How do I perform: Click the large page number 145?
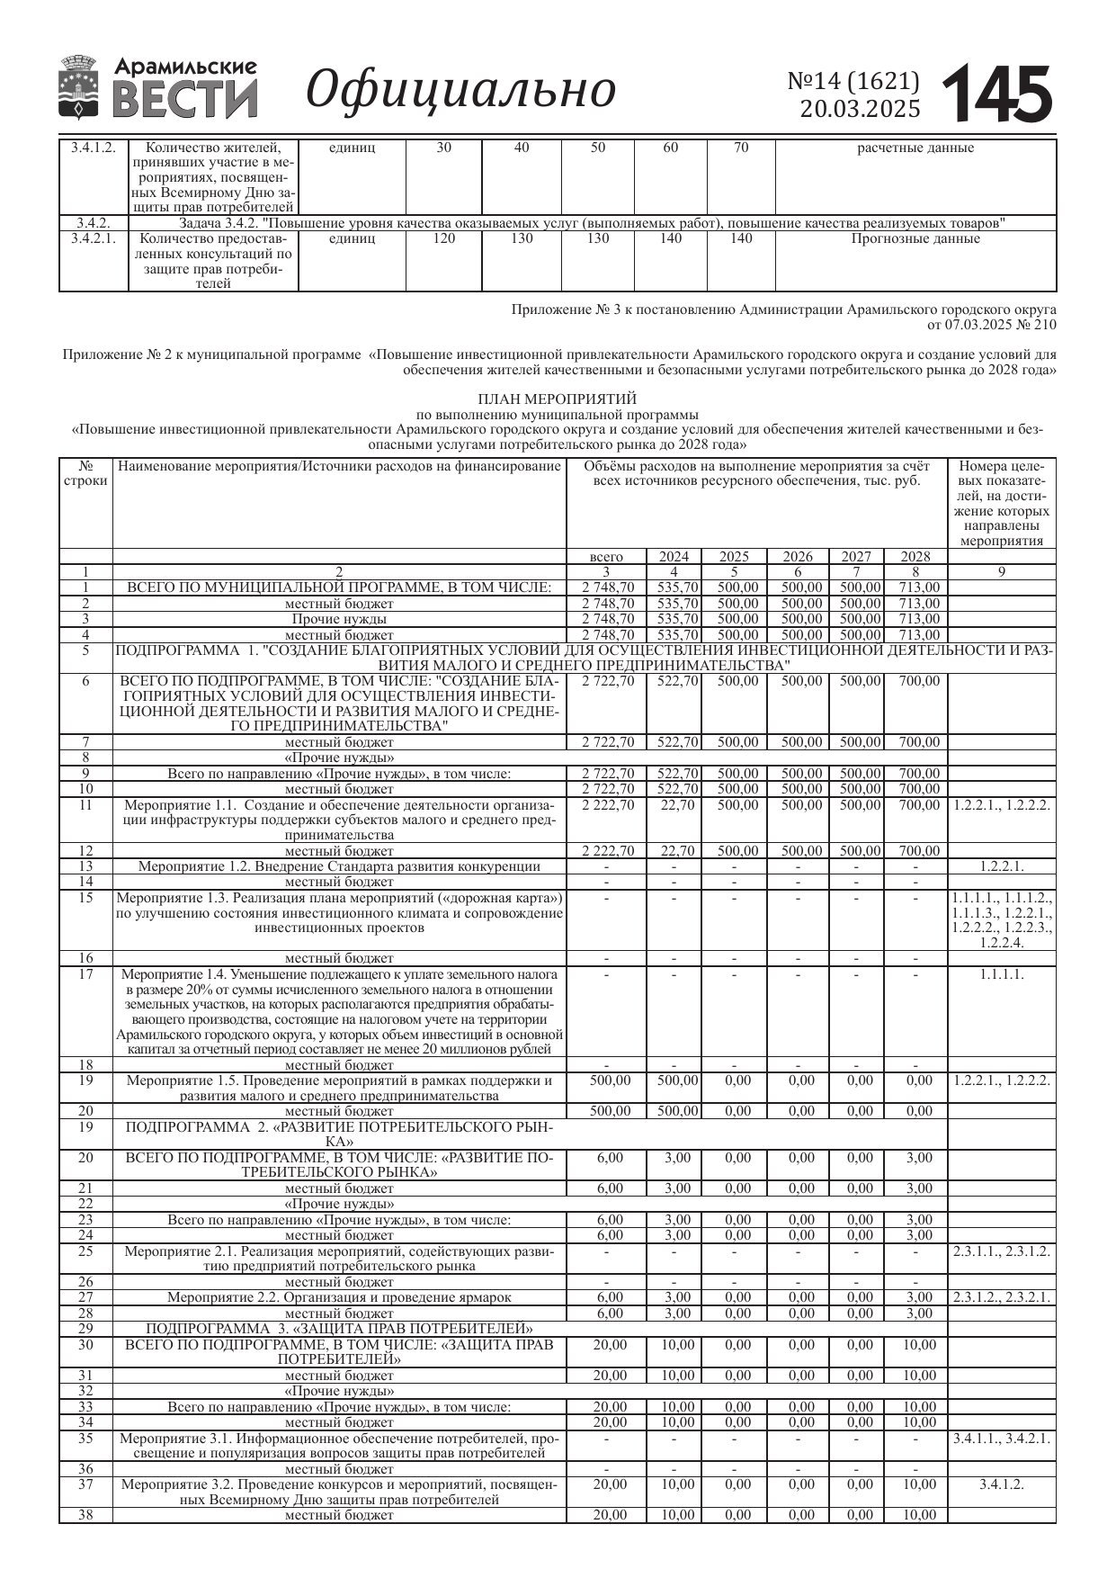coord(998,94)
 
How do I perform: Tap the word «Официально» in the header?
coord(461,90)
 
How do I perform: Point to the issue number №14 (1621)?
coord(853,81)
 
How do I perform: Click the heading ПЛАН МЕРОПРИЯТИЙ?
coord(557,399)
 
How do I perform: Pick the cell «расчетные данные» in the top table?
coord(915,148)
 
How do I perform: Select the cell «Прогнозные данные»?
coord(915,239)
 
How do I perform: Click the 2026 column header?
coord(798,557)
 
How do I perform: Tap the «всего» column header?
coord(606,557)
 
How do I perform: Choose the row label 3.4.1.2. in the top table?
coord(94,148)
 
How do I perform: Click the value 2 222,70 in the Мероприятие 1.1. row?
coord(608,805)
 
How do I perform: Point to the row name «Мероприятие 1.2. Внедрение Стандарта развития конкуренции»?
coord(339,866)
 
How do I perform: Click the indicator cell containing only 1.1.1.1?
coord(1002,974)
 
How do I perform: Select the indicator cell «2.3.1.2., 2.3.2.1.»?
coord(1002,1296)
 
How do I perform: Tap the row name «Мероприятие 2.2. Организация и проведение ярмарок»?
coord(339,1296)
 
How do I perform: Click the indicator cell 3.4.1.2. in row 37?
coord(1002,1484)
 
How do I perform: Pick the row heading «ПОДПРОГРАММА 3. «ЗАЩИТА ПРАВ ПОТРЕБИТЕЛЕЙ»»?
coord(339,1329)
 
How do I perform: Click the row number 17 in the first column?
coord(86,974)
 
